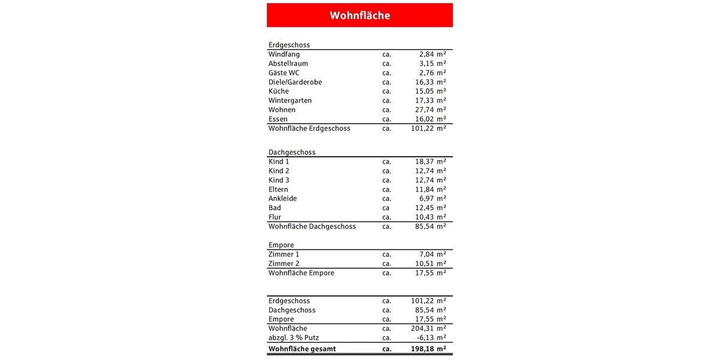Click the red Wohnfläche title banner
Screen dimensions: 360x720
(x=359, y=15)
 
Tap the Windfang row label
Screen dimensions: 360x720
(x=284, y=54)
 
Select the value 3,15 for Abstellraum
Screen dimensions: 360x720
(x=422, y=64)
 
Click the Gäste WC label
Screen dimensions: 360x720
(x=284, y=73)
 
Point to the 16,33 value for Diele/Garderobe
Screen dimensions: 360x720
(x=421, y=82)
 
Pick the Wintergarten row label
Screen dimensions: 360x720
(x=290, y=101)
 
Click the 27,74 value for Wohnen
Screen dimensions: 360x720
(x=421, y=110)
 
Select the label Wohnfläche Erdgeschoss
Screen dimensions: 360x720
(x=309, y=128)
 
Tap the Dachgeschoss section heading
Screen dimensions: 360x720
(x=292, y=152)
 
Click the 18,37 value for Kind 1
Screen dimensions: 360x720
(x=421, y=162)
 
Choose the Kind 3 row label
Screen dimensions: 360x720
(x=279, y=180)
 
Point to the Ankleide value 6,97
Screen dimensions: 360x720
(x=423, y=199)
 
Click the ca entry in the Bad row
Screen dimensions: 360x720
(x=386, y=208)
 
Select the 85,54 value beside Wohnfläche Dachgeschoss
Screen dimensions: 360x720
(x=421, y=227)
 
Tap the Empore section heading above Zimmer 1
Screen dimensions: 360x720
(x=281, y=245)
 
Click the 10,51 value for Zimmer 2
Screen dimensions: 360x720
(x=421, y=264)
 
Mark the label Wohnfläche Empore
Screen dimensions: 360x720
(x=301, y=273)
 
